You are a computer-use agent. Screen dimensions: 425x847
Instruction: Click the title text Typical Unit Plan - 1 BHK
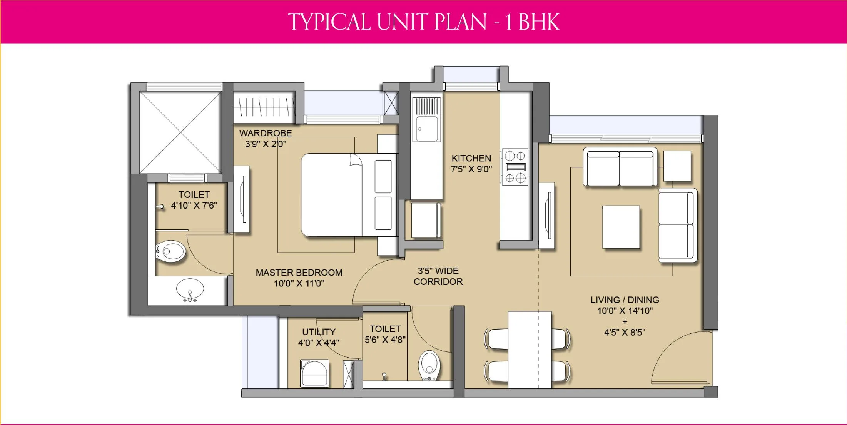tap(423, 22)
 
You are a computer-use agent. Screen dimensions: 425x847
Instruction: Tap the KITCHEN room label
tap(471, 158)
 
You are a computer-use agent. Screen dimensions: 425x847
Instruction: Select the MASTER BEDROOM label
tap(299, 273)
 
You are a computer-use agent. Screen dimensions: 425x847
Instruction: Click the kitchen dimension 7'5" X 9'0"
tap(471, 169)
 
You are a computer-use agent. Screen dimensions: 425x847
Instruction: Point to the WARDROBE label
tap(266, 133)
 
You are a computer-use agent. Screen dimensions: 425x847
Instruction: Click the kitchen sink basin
tap(426, 129)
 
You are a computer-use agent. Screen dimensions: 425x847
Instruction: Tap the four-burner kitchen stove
tap(515, 167)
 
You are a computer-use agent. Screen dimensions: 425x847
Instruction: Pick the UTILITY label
tap(319, 332)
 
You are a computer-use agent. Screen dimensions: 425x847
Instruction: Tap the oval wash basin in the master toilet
tap(190, 289)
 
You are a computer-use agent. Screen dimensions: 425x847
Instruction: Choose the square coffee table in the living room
tap(621, 227)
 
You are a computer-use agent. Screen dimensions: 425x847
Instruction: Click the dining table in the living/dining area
tap(530, 350)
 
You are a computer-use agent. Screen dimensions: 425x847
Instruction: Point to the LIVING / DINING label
tap(625, 300)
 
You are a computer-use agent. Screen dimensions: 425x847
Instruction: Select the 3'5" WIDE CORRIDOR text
tap(438, 276)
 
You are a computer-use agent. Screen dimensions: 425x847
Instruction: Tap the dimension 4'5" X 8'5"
tap(625, 332)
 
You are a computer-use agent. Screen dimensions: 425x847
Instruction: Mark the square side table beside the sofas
tap(677, 166)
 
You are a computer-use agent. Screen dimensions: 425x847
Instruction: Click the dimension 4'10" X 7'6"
tap(194, 206)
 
